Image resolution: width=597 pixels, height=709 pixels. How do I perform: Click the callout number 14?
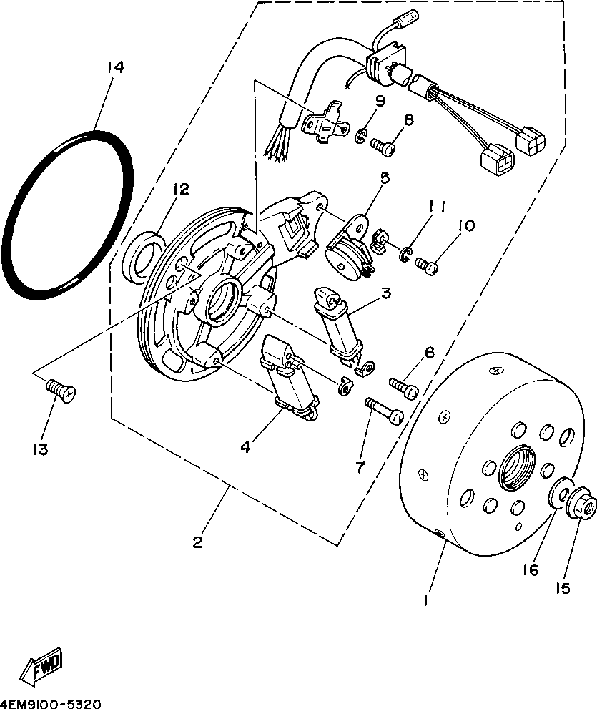coord(116,67)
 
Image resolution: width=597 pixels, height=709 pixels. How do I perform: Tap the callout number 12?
coord(180,190)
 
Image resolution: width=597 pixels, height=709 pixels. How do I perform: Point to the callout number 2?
coord(197,542)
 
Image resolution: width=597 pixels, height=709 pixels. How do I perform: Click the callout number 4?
coord(245,447)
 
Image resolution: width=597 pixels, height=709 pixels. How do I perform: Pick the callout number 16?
coord(530,570)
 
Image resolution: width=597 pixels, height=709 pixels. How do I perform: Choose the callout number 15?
coord(563,588)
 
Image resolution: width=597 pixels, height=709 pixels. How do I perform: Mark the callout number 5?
coord(384,177)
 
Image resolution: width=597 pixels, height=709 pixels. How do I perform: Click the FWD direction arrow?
coord(42,666)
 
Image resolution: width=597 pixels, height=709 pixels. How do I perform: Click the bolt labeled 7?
coord(385,411)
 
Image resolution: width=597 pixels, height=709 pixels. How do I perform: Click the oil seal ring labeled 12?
coord(142,254)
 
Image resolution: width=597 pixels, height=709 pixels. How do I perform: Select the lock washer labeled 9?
coord(362,134)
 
